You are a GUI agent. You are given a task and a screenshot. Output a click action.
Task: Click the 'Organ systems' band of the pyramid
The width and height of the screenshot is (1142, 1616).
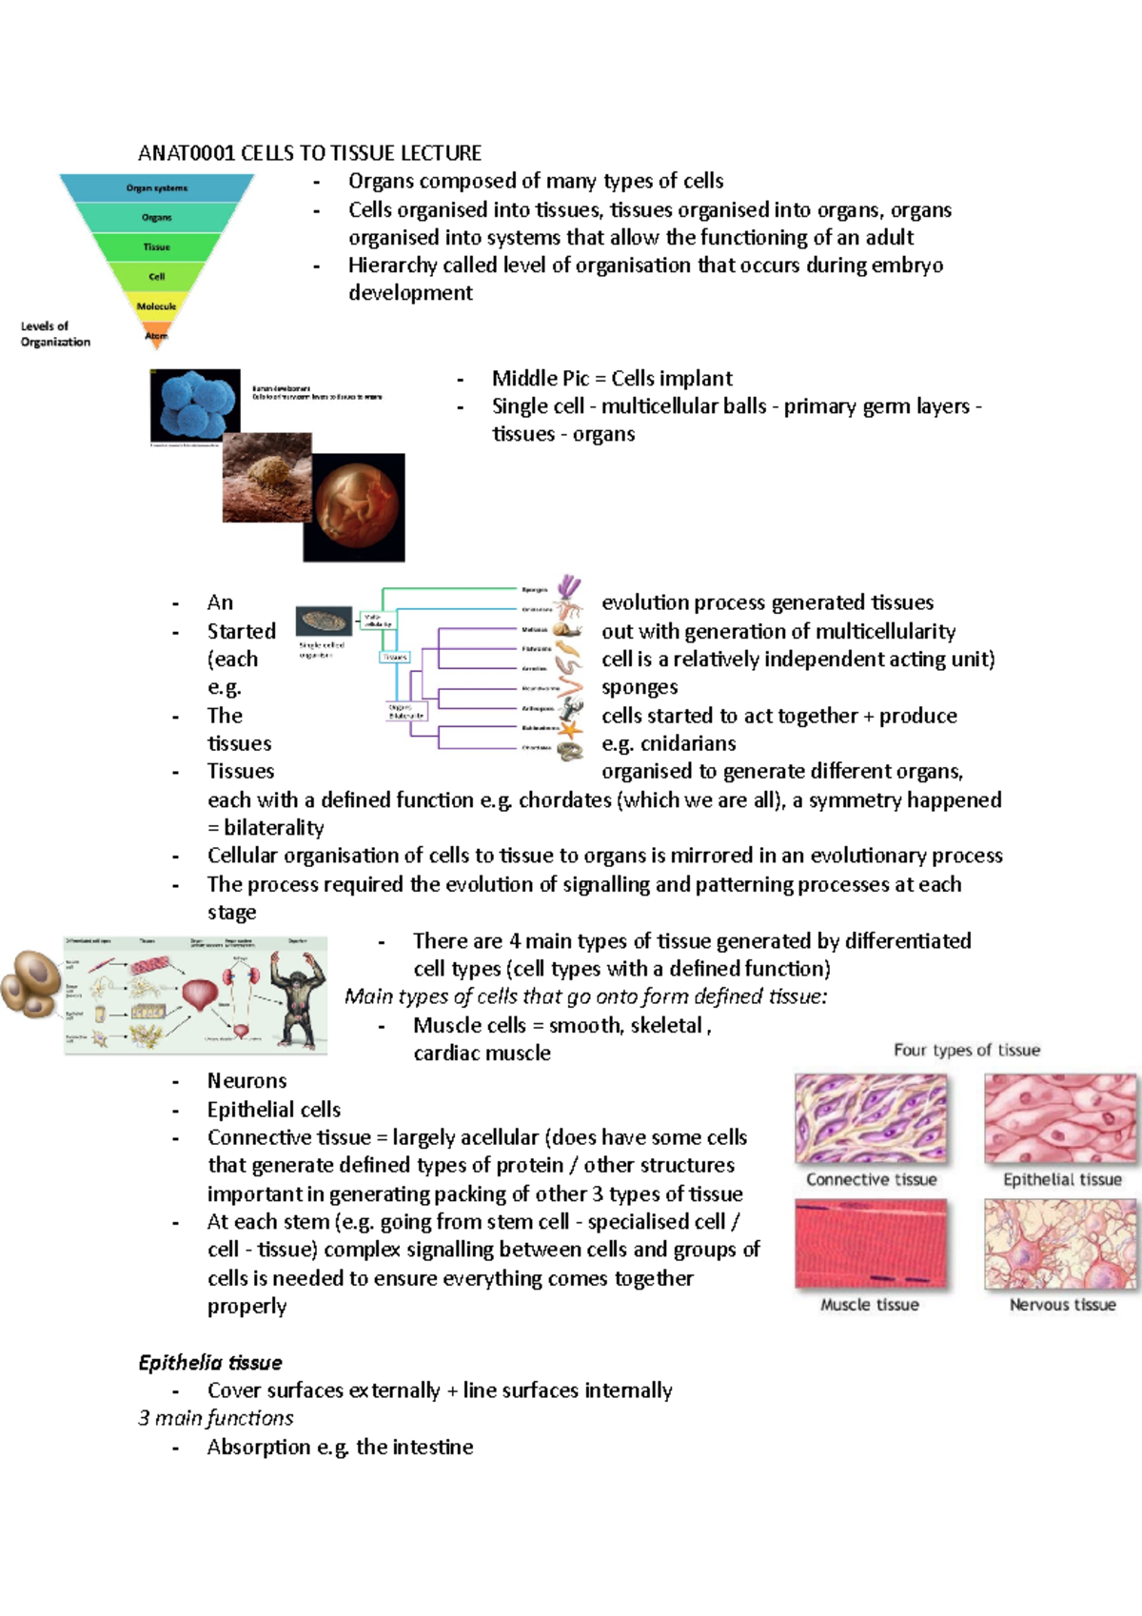(x=157, y=187)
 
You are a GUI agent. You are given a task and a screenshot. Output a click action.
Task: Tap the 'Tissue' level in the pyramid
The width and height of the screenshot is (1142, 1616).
(x=157, y=247)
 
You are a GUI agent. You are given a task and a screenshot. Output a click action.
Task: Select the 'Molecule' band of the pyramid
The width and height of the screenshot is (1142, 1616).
(x=157, y=305)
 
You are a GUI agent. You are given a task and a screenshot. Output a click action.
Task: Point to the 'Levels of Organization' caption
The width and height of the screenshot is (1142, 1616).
(x=55, y=334)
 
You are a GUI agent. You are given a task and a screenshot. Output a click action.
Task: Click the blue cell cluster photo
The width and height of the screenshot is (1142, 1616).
(x=196, y=404)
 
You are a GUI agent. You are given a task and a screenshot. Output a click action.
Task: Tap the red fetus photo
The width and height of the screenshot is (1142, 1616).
(x=354, y=506)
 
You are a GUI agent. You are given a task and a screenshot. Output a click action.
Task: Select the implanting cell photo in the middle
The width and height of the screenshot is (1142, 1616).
(x=266, y=478)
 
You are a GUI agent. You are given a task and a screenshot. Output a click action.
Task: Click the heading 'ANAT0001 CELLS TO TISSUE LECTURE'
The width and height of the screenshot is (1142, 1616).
(x=309, y=153)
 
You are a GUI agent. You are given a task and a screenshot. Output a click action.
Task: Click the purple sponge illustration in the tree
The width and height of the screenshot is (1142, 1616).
(x=570, y=586)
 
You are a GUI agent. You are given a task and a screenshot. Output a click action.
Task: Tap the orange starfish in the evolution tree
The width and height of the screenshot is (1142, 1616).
(x=570, y=730)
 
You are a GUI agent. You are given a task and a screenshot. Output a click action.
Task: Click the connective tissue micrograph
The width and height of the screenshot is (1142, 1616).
(x=871, y=1118)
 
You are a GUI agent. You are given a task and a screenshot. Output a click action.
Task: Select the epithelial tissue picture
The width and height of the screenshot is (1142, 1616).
(x=1060, y=1118)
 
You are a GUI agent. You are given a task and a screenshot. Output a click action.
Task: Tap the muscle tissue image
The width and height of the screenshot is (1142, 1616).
(x=871, y=1243)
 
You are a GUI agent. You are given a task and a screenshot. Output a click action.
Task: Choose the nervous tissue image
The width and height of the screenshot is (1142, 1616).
(x=1060, y=1243)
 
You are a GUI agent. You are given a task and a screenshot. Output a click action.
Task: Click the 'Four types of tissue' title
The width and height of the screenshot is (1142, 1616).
(x=966, y=1050)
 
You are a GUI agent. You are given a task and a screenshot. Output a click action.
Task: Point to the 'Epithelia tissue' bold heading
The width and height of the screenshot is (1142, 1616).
(x=210, y=1363)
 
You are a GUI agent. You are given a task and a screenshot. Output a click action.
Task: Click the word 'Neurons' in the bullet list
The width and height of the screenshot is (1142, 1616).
(x=246, y=1081)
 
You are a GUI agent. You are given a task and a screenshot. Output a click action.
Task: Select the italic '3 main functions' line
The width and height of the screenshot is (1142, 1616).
(x=216, y=1418)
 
